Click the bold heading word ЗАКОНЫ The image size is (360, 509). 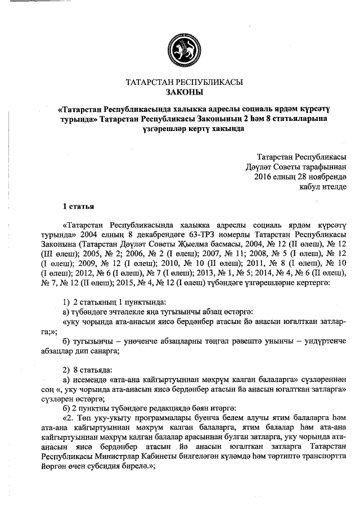pos(185,91)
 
